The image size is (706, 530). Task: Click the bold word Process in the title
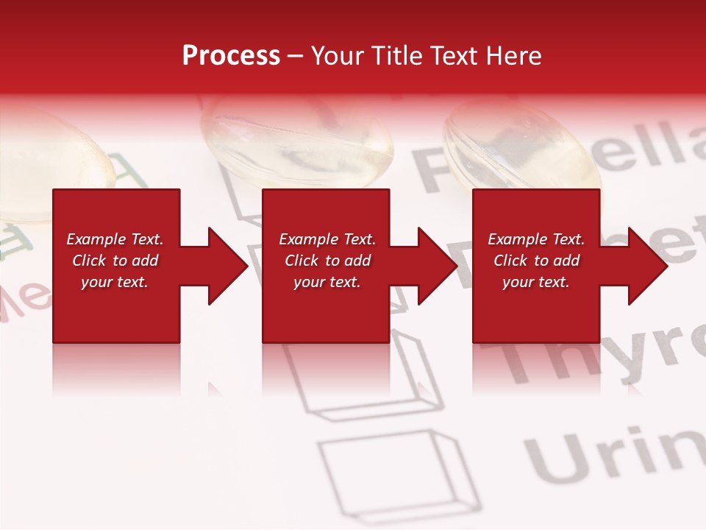[x=231, y=55]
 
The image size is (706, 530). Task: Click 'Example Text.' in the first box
[x=115, y=239]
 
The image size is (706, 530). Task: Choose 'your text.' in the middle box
[x=327, y=282]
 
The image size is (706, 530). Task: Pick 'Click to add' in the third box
[x=536, y=261]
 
